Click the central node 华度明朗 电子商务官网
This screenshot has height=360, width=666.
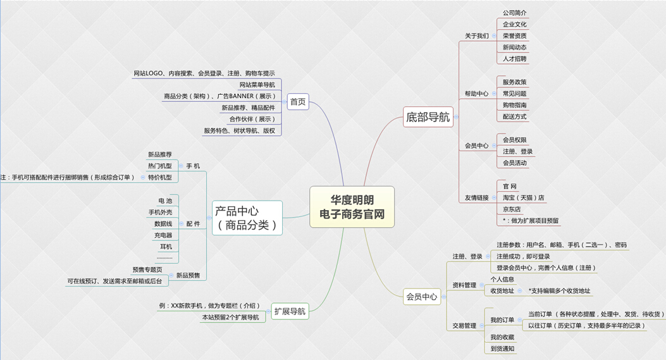[352, 207]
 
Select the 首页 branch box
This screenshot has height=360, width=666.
[297, 101]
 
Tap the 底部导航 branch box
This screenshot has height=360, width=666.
[428, 116]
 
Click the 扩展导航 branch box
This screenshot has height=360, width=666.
[290, 311]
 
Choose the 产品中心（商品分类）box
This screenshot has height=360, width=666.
[247, 218]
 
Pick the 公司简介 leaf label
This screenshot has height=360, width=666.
[514, 13]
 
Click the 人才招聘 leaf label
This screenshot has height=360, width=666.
[514, 59]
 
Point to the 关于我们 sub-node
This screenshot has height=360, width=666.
[476, 36]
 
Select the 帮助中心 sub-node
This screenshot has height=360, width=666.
[476, 94]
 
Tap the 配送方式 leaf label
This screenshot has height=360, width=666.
[514, 116]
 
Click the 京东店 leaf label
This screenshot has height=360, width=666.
[511, 209]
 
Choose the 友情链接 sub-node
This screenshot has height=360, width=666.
[476, 197]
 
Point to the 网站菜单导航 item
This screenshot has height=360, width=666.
[257, 85]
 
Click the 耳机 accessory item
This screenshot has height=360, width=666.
[166, 247]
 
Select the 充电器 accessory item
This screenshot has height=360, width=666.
[163, 235]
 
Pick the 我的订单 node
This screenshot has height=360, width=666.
[502, 320]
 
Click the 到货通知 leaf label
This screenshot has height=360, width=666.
[502, 349]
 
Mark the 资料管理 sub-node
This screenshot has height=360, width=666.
[464, 285]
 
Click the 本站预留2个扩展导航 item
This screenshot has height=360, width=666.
[230, 317]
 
